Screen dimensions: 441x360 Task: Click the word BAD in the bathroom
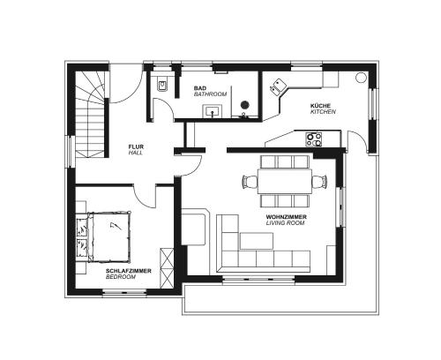tap(200, 88)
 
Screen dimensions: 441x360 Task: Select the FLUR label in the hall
tap(136, 146)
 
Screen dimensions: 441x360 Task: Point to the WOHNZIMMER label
tap(286, 217)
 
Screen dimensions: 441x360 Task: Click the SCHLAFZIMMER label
tap(129, 271)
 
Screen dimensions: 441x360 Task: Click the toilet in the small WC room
tap(162, 85)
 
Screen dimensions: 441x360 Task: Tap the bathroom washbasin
tap(212, 111)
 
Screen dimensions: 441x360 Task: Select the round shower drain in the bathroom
tap(245, 104)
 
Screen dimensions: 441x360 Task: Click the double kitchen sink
tap(278, 86)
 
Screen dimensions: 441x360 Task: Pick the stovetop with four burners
tap(314, 139)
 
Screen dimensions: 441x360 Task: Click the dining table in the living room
tap(285, 181)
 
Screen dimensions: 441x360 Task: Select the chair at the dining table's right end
tap(320, 181)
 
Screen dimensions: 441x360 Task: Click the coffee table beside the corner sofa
tap(257, 241)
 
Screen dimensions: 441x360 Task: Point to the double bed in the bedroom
tap(108, 236)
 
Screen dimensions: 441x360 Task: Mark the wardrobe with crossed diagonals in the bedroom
tap(167, 268)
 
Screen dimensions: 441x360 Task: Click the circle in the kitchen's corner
tap(361, 78)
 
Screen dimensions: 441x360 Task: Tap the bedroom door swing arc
tap(140, 200)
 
